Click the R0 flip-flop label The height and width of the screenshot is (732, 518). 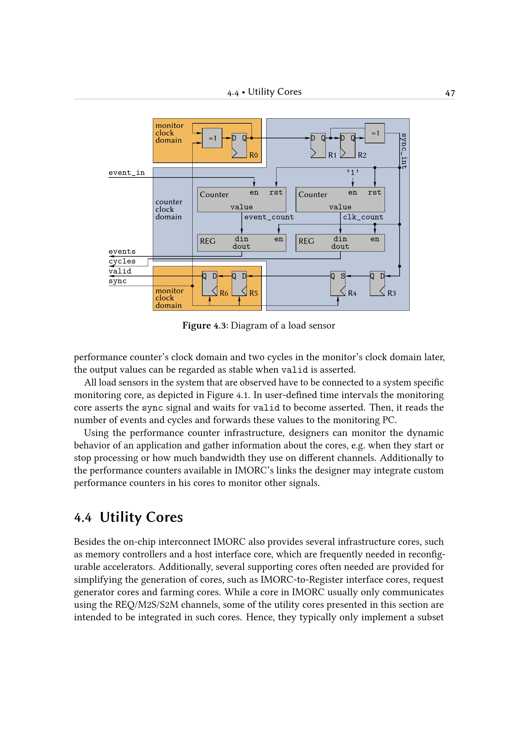point(253,155)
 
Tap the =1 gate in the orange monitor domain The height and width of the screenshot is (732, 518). point(212,138)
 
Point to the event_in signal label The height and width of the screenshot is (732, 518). point(127,173)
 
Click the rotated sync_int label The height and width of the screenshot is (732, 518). point(403,151)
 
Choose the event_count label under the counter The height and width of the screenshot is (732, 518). point(269,217)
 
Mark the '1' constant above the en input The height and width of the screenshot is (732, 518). point(352,172)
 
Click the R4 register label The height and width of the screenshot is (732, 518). point(352,293)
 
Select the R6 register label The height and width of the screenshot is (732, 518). point(224,293)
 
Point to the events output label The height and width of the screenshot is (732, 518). point(122,252)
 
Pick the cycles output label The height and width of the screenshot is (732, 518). point(122,261)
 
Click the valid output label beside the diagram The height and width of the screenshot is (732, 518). point(120,271)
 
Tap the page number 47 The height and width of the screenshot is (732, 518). point(450,93)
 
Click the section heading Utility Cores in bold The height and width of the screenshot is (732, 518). point(141,517)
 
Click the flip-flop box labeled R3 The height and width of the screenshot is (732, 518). point(377,284)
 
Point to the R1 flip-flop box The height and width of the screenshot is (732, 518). point(318,146)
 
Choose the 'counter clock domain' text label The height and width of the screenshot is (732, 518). point(169,209)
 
